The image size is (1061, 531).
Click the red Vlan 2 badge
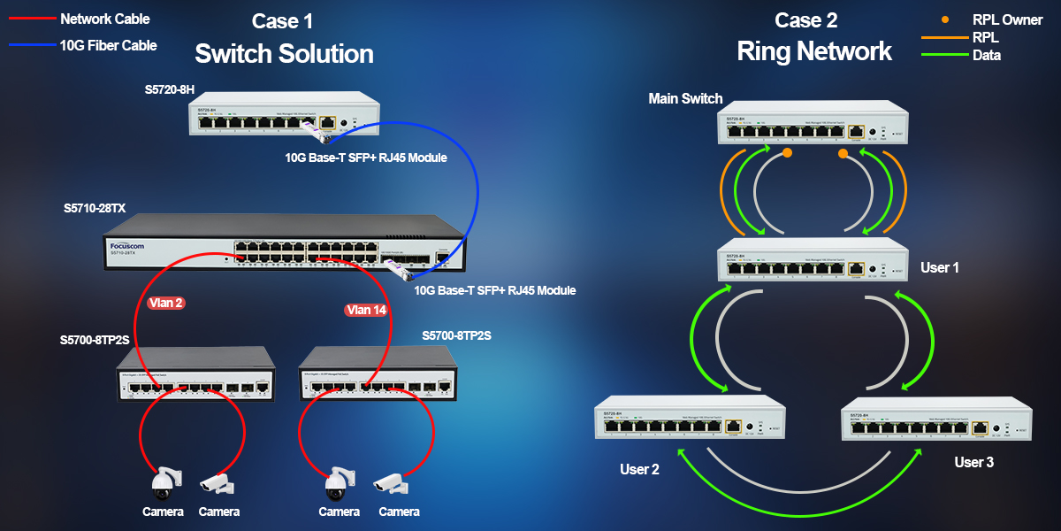pos(166,303)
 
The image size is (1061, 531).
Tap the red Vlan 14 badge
pos(366,310)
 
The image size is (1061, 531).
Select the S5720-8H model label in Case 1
pos(170,90)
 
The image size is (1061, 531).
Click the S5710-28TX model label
pos(95,209)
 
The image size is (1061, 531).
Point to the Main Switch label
pos(685,98)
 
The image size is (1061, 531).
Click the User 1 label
pos(940,266)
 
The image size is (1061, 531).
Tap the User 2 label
pos(639,469)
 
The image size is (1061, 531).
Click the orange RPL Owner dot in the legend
pos(946,19)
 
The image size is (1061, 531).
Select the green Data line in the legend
pos(943,55)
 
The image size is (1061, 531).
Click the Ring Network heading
pos(814,51)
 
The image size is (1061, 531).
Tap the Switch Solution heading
pos(284,54)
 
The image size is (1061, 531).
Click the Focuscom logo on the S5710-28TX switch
pos(127,245)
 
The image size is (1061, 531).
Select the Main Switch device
pos(812,120)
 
